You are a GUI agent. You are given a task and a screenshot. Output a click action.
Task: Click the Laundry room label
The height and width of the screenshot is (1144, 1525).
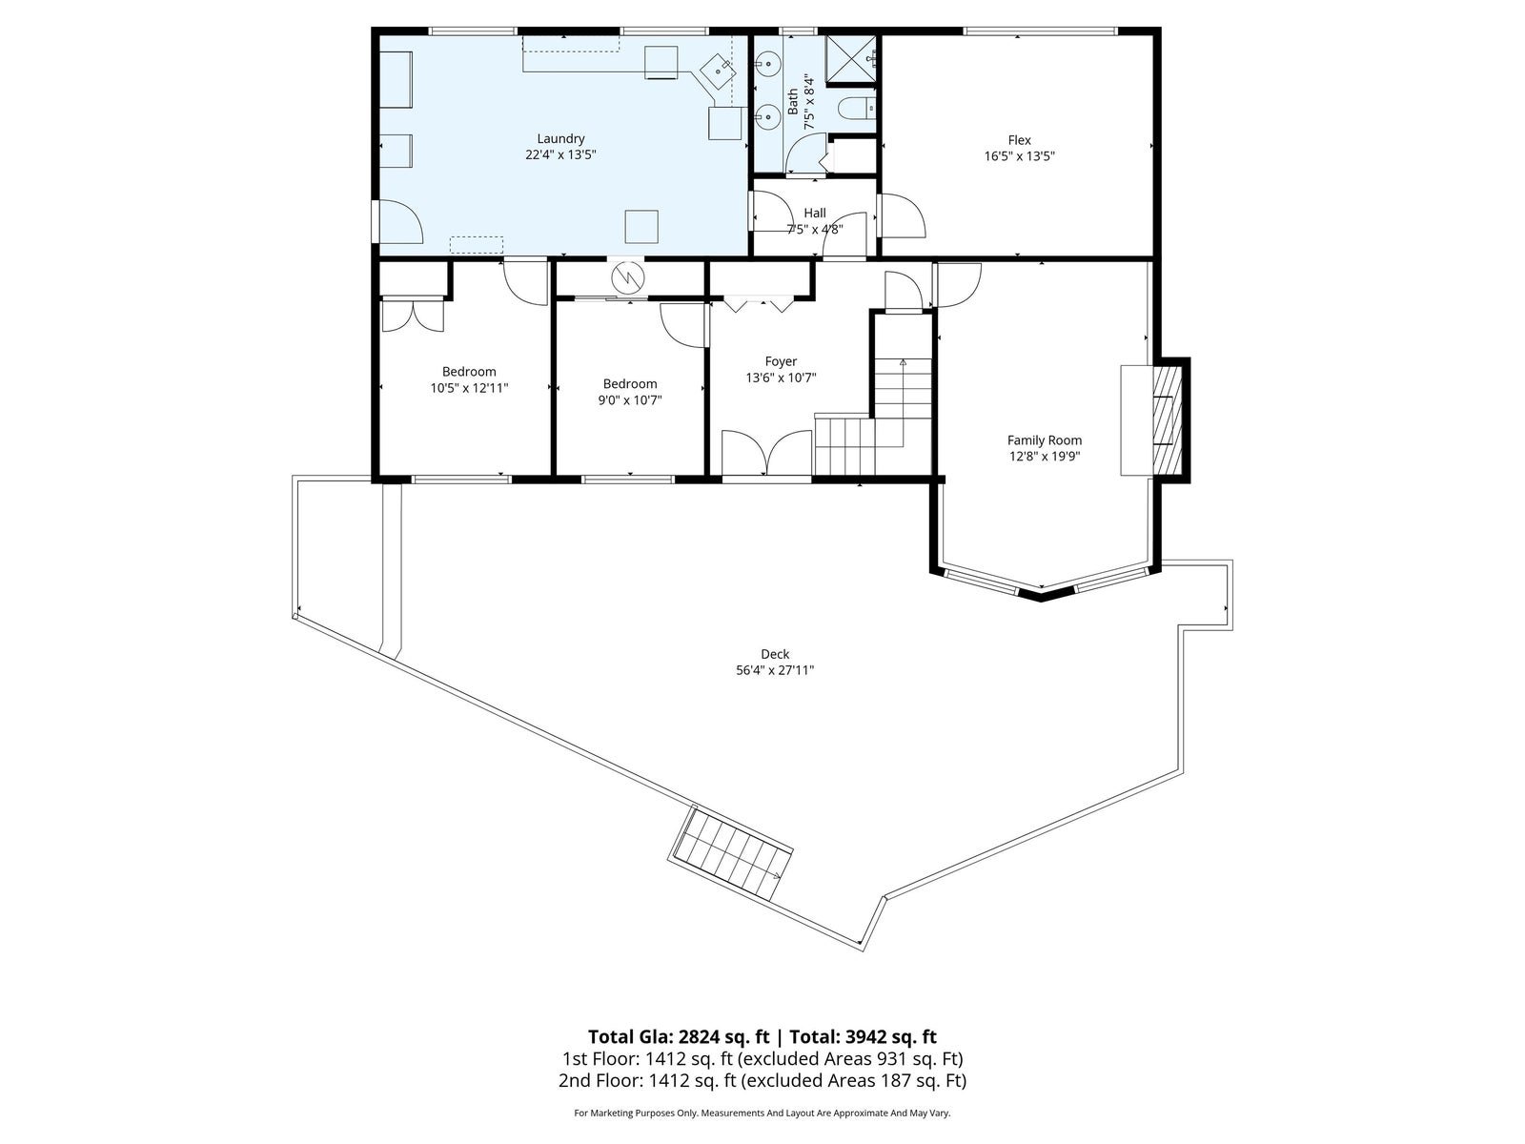[560, 139]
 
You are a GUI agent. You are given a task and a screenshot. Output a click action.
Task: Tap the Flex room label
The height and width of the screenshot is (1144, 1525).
[1019, 140]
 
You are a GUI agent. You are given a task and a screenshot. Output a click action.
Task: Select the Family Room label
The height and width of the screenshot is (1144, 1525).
[1045, 440]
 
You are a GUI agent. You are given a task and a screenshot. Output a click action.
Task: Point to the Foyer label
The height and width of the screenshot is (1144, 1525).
[781, 362]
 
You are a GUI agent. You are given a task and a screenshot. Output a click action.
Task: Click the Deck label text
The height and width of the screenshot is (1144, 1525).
[775, 654]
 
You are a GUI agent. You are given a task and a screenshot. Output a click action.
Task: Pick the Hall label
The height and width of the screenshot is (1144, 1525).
[815, 214]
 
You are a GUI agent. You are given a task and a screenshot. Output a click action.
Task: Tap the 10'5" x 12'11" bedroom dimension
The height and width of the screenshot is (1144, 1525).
[469, 388]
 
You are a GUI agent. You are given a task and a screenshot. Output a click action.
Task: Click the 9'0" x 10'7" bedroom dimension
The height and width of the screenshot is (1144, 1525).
[630, 400]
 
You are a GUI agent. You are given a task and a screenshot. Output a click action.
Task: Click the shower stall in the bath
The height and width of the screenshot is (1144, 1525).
[850, 58]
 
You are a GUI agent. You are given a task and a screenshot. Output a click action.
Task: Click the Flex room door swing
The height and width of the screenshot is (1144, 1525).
[903, 216]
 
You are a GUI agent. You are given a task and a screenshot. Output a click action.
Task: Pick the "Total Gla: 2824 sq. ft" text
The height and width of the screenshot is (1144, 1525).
[678, 1037]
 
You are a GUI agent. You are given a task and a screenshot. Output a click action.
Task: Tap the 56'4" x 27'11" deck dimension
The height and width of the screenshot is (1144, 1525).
[775, 671]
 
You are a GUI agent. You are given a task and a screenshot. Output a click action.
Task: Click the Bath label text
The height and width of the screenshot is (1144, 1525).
[793, 102]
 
